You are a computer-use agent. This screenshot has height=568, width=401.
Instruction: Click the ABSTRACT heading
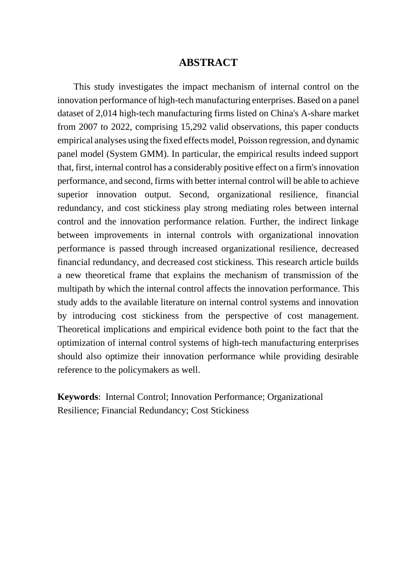[x=208, y=63]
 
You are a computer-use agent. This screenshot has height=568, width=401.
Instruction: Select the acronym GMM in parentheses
[x=155, y=154]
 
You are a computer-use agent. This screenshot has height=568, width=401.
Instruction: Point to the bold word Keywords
[x=78, y=397]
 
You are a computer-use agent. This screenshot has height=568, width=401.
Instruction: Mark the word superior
[x=73, y=194]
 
